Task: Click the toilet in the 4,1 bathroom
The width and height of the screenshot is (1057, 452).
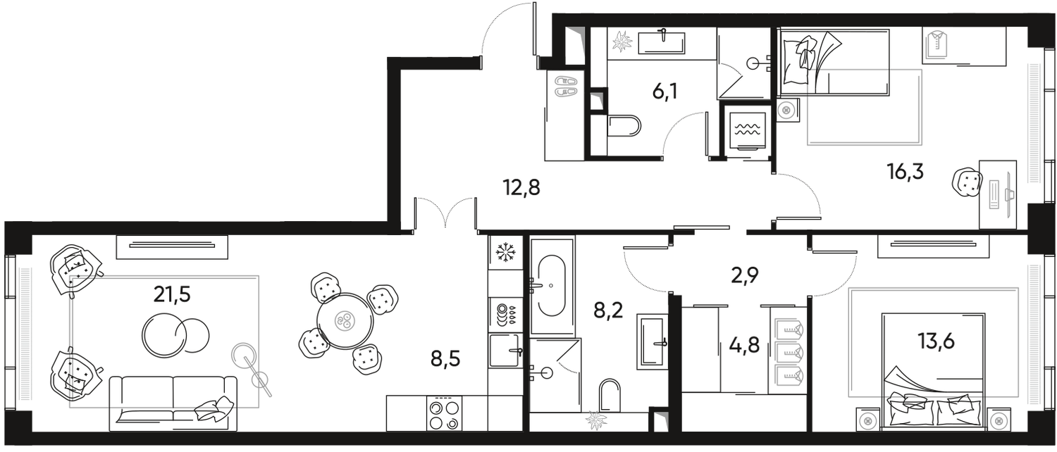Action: (x=627, y=127)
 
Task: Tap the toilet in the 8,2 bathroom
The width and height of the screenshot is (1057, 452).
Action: (x=610, y=396)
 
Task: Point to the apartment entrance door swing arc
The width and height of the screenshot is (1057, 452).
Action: (x=504, y=28)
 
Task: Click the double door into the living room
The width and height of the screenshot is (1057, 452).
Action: (x=444, y=211)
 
